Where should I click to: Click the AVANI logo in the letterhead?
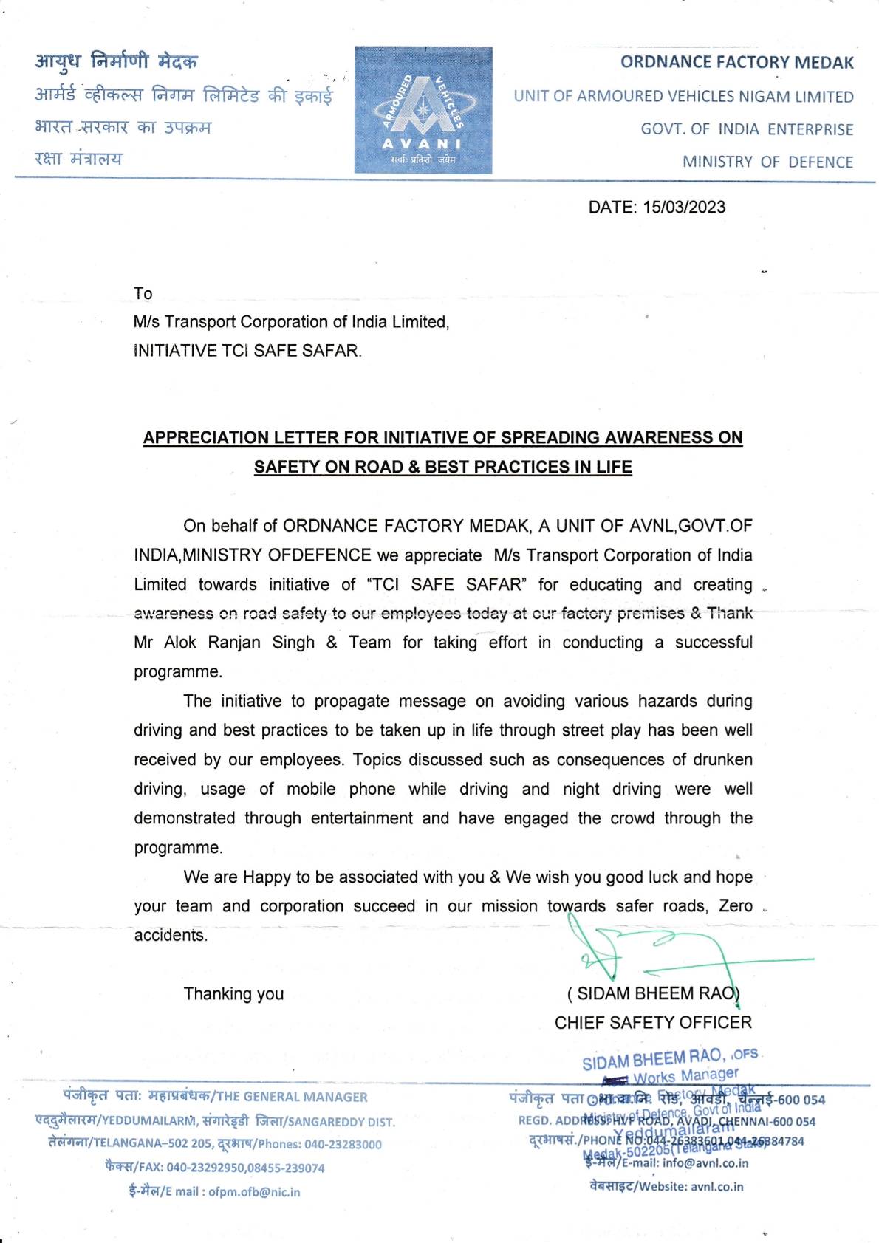click(x=423, y=110)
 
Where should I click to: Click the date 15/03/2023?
click(x=684, y=207)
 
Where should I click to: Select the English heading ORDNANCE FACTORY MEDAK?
click(x=736, y=62)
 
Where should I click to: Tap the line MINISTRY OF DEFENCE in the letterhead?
click(x=767, y=162)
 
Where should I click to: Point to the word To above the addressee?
click(x=143, y=293)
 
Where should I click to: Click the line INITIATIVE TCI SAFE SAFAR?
click(x=247, y=351)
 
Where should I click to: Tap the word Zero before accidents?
click(x=736, y=905)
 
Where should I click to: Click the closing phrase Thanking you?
click(x=233, y=993)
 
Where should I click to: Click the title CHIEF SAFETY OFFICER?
click(x=653, y=1022)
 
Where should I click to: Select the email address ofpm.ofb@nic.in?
click(x=254, y=1191)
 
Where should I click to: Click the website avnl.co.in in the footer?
click(x=717, y=1186)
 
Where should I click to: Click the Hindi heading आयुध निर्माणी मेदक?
click(x=116, y=61)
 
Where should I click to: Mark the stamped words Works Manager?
click(x=685, y=1075)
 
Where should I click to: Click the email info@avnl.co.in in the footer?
click(x=705, y=1163)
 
